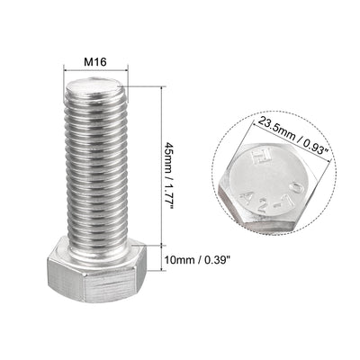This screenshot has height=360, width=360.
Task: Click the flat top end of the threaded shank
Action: [x=97, y=86]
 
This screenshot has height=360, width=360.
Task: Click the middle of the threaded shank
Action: [x=97, y=162]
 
